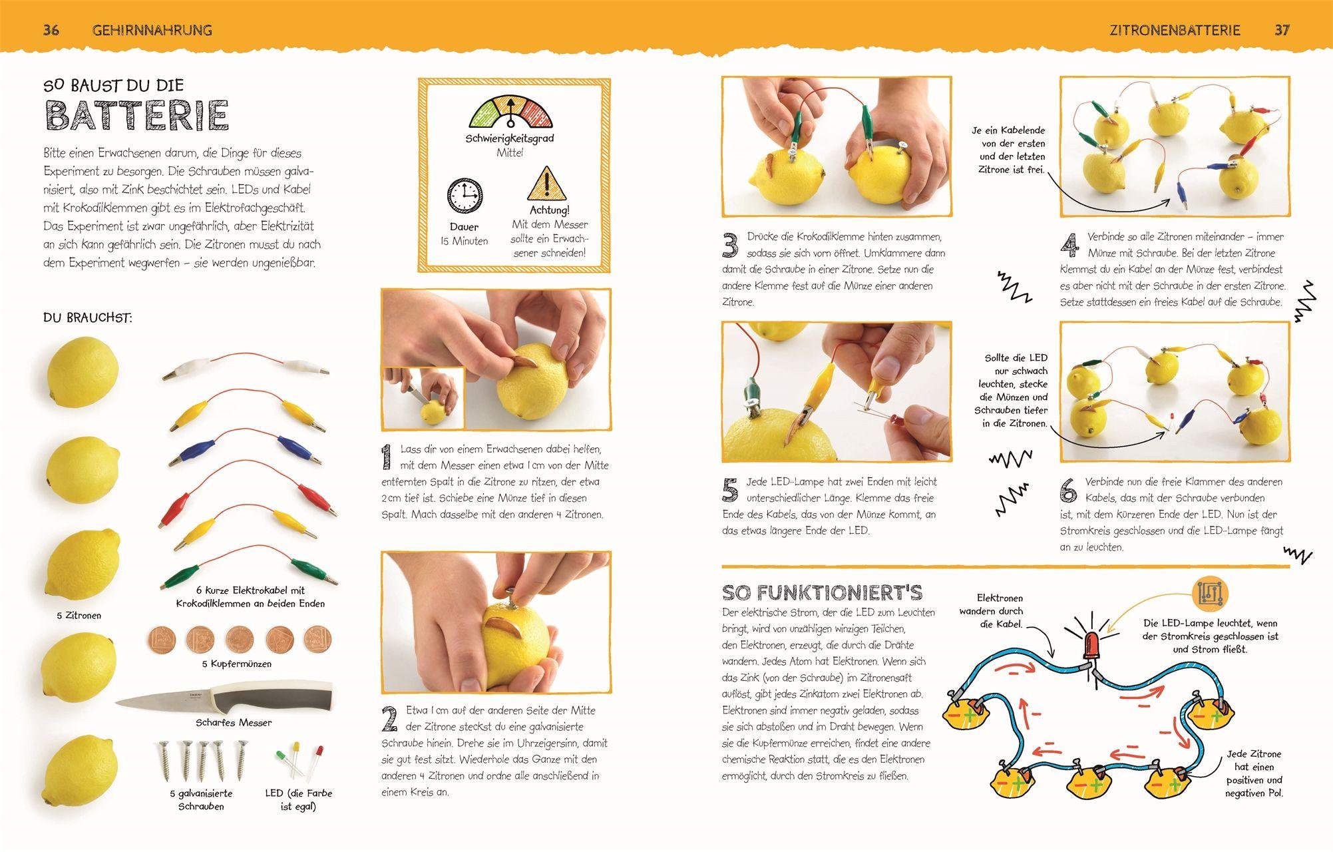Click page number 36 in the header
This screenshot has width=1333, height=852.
click(x=51, y=29)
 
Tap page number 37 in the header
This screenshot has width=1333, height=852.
click(x=1282, y=30)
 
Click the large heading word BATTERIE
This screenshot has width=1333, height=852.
click(x=137, y=116)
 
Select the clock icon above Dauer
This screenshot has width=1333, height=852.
click(x=465, y=196)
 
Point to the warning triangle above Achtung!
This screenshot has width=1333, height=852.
click(x=548, y=184)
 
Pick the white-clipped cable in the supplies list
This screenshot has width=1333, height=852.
click(x=246, y=365)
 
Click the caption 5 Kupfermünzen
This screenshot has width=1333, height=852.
click(x=237, y=664)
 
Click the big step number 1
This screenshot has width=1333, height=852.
click(x=386, y=459)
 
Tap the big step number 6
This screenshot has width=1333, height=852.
click(x=1069, y=490)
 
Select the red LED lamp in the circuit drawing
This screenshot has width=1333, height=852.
click(x=1092, y=645)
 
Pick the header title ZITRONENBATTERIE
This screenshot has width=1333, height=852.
click(x=1175, y=30)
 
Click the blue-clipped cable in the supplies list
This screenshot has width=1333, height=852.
click(x=246, y=444)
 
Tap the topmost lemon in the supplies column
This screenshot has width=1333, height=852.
click(x=83, y=371)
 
